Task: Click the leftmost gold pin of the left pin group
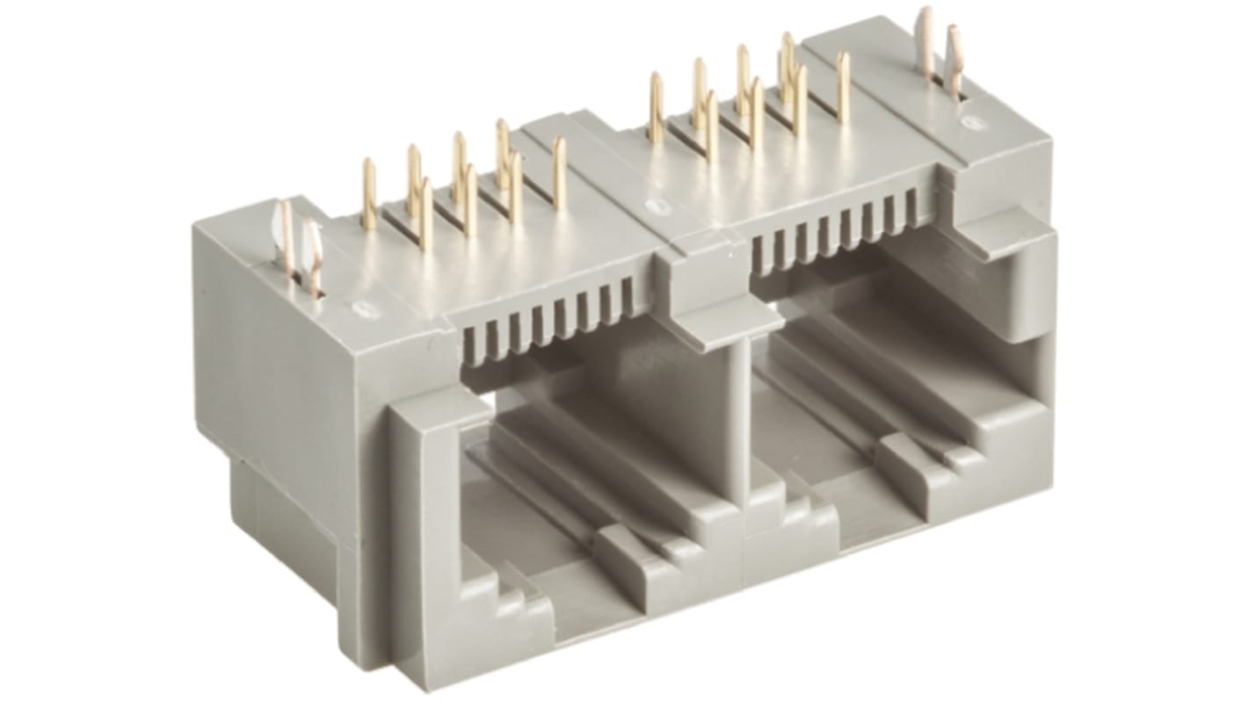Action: (x=369, y=194)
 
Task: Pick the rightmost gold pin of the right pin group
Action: (x=843, y=86)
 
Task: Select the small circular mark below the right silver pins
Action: (x=969, y=122)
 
